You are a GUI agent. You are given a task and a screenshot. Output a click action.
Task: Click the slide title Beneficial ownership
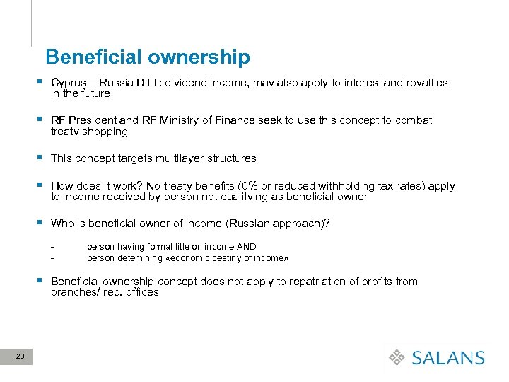pyautogui.click(x=147, y=57)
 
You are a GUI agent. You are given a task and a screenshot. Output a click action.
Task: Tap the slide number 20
pyautogui.click(x=20, y=357)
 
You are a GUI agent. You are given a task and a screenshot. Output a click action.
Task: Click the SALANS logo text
pyautogui.click(x=448, y=358)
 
